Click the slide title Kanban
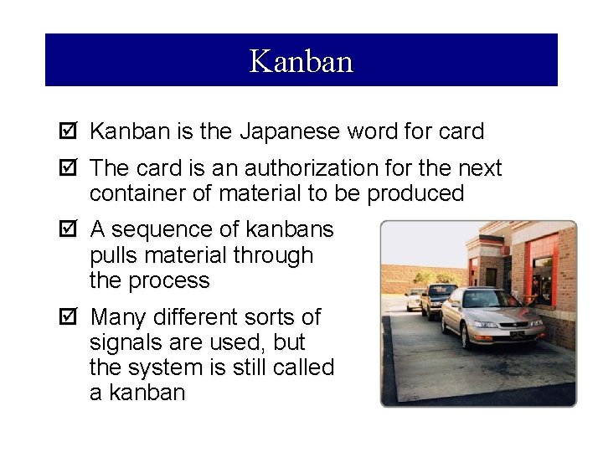tap(301, 61)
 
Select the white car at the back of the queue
tap(414, 298)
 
